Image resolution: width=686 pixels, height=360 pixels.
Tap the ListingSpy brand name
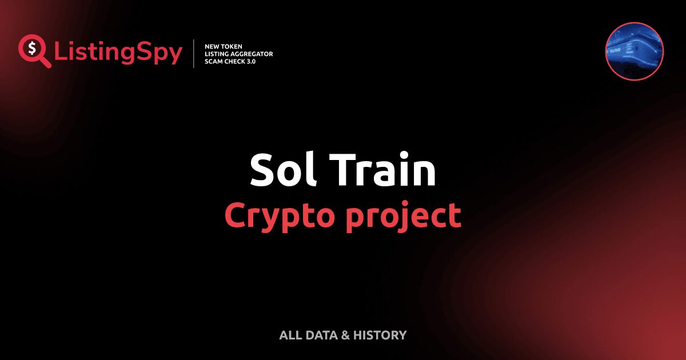point(118,53)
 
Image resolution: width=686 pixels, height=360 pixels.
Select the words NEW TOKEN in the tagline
point(224,46)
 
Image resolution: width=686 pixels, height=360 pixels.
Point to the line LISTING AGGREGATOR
point(238,54)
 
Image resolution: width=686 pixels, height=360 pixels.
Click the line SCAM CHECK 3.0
point(230,61)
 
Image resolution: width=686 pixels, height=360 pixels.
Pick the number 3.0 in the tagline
point(249,61)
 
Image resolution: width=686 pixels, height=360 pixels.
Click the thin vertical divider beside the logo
point(194,54)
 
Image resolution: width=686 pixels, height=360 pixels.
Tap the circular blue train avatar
point(634,50)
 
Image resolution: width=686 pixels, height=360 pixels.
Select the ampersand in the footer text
point(345,335)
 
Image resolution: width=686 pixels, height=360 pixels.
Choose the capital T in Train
point(345,170)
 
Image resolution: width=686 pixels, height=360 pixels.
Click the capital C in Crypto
point(235,215)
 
